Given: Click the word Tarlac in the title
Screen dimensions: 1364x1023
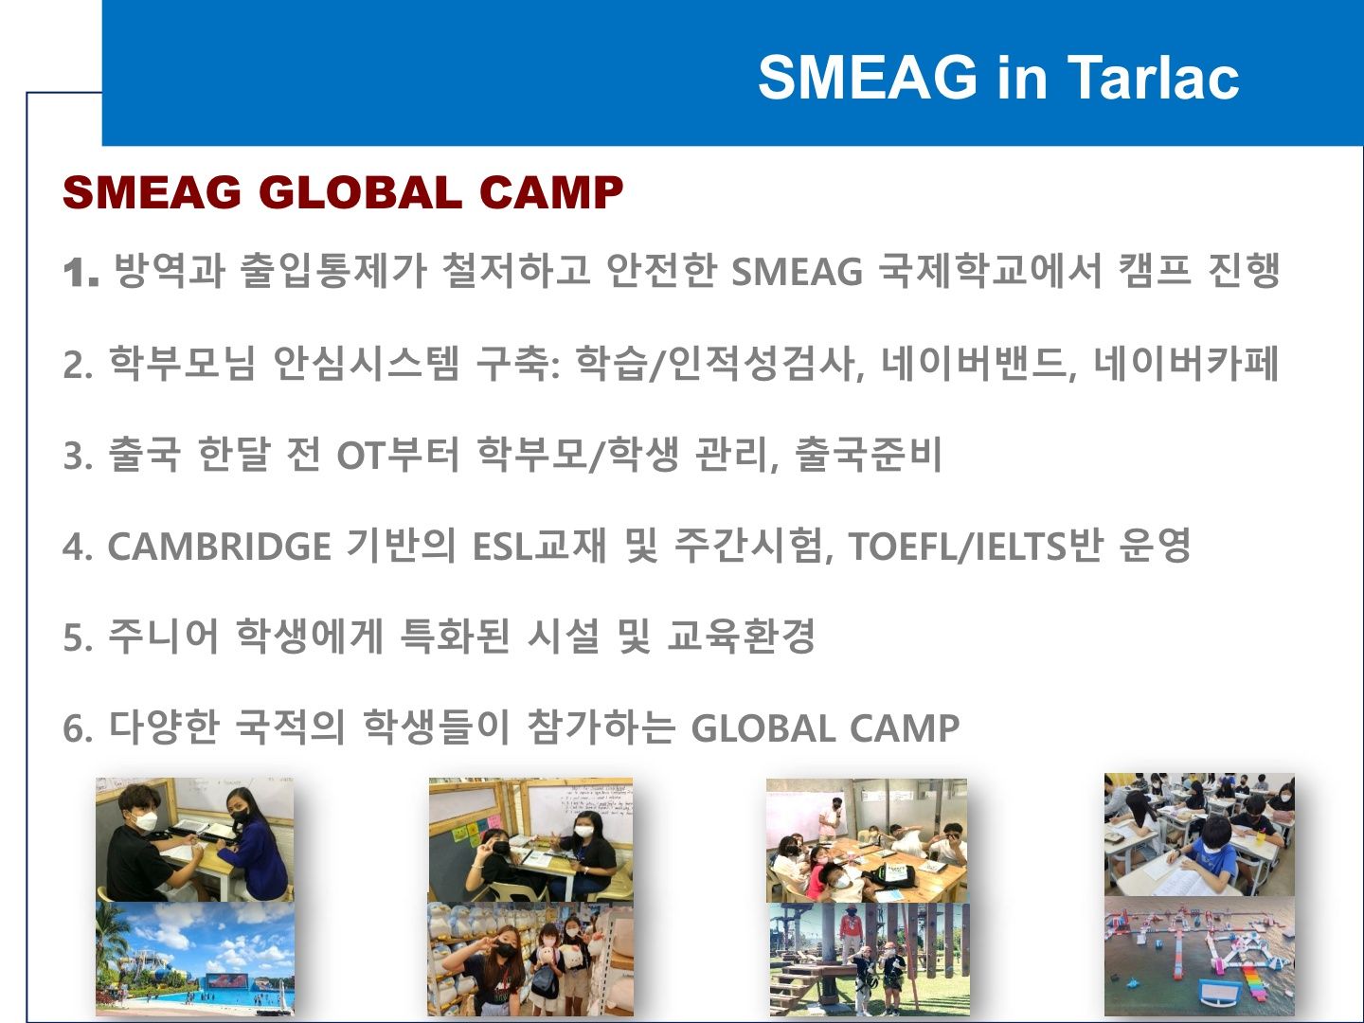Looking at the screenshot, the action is tap(1153, 78).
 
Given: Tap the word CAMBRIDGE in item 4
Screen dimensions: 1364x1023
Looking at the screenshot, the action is tap(220, 547).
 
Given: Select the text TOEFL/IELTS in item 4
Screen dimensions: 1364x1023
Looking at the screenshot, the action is tap(958, 547).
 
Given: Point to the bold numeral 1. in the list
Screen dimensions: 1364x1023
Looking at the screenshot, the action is tap(81, 272).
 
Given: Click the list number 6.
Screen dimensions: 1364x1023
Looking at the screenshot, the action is tap(79, 728).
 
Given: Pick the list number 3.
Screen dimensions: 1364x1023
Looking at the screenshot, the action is tap(79, 455).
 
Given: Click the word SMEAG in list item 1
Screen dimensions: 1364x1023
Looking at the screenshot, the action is tap(798, 272).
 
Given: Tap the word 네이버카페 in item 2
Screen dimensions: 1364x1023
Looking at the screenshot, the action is tap(1186, 364).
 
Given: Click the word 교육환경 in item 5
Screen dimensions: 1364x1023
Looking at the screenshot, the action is tap(742, 636).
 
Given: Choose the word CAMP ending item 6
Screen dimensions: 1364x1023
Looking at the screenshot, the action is tap(905, 728).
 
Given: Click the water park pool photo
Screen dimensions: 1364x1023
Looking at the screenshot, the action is tap(194, 959).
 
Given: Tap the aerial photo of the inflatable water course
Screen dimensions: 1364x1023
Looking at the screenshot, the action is tap(1199, 957).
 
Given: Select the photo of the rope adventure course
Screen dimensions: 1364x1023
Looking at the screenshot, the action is tap(870, 959).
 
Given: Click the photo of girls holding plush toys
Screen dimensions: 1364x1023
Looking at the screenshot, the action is tap(530, 959).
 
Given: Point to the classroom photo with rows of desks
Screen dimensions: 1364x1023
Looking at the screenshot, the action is tap(1199, 835).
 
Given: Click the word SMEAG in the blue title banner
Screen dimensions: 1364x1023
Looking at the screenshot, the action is tap(868, 78).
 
